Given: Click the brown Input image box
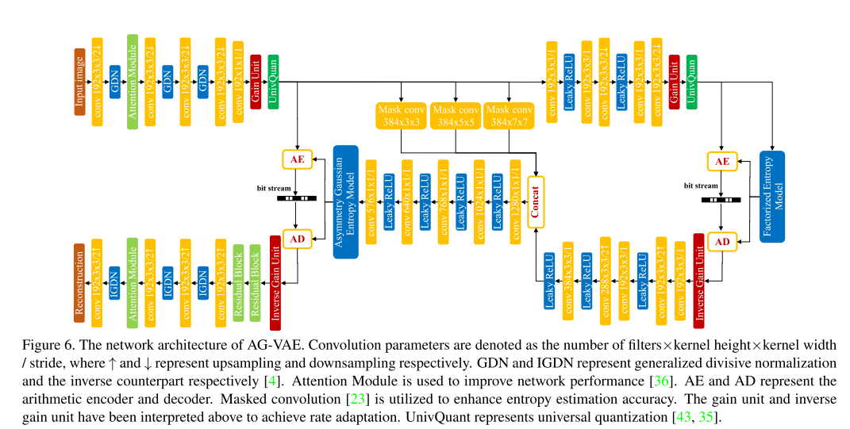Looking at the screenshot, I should pos(79,82).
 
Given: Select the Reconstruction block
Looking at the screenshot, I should pos(79,283).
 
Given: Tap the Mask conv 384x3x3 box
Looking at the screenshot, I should pos(401,115).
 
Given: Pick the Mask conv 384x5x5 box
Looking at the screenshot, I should pos(456,115).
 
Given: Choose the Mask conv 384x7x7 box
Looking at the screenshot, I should pos(509,115).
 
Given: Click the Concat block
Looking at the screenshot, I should pos(536,202).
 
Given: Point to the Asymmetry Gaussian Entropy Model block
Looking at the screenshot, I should pos(345,201).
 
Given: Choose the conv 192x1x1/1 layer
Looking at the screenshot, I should pos(238,82).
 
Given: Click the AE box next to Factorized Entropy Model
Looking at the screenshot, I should pos(721,161).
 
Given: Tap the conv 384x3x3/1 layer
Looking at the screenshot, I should pos(567,282).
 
